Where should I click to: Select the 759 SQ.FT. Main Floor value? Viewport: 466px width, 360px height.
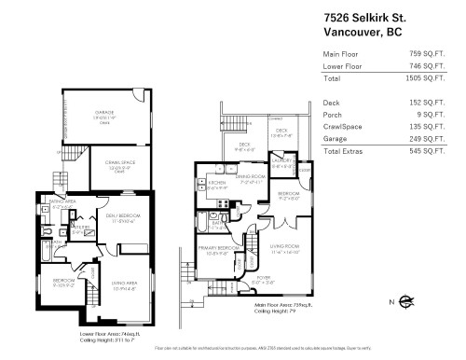[x=434, y=53]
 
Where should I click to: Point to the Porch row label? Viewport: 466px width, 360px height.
[x=333, y=116]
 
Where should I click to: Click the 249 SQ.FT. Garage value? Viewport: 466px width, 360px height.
[x=434, y=138]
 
